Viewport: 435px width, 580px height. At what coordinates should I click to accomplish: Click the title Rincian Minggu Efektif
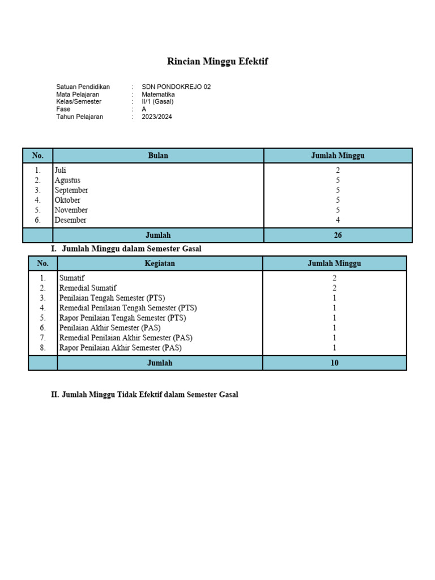point(217,62)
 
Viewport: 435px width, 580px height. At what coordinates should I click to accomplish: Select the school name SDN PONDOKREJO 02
point(176,87)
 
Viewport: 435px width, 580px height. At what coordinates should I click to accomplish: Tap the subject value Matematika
point(159,95)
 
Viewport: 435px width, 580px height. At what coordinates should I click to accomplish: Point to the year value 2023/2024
point(157,117)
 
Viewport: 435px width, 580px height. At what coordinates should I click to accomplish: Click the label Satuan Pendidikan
point(83,87)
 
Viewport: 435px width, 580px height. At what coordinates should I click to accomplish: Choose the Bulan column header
point(158,156)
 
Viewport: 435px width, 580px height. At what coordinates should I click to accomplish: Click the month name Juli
point(61,170)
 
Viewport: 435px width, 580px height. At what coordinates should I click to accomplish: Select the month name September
point(71,190)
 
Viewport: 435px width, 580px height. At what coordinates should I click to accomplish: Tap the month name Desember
point(71,220)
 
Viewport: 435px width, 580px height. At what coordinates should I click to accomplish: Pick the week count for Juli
point(338,170)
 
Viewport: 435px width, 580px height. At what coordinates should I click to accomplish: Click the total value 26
point(338,235)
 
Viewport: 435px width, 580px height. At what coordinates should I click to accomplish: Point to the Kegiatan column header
point(160,263)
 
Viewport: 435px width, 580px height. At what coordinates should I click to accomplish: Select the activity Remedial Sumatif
point(88,288)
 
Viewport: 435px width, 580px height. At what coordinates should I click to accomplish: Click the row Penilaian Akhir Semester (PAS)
point(110,328)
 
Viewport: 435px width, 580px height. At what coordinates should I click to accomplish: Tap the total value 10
point(334,362)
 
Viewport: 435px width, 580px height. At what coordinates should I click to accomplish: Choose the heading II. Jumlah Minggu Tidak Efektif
point(144,395)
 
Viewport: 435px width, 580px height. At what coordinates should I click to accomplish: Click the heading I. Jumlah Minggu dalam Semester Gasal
point(126,249)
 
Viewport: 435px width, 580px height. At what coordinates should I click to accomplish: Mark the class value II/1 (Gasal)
point(158,102)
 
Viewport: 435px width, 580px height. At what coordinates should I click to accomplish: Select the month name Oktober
point(67,200)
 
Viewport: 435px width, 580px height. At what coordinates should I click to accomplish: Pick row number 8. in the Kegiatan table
point(42,348)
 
